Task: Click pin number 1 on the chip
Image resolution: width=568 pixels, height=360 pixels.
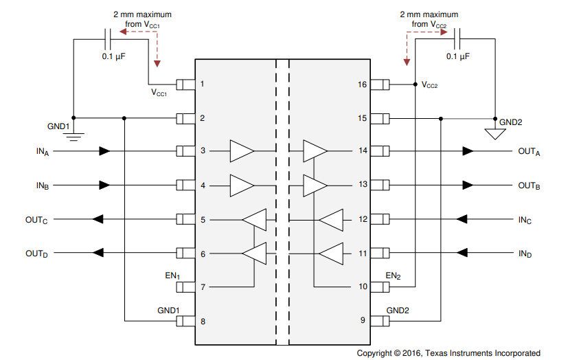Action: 202,85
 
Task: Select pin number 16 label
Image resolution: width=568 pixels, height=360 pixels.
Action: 362,85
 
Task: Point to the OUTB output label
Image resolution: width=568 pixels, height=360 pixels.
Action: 528,185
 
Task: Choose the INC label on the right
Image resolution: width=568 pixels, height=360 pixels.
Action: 525,220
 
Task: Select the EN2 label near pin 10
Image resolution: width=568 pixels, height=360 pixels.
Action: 394,276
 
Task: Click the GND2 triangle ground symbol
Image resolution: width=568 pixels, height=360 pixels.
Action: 493,133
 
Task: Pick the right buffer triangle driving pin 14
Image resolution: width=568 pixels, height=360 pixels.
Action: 315,151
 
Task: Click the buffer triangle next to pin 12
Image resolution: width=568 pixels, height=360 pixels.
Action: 330,220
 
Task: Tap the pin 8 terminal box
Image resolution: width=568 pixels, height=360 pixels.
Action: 185,321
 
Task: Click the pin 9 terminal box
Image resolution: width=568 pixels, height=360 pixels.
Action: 380,321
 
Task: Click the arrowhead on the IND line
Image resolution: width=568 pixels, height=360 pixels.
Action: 462,254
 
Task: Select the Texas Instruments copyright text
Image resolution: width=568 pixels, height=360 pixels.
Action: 448,352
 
